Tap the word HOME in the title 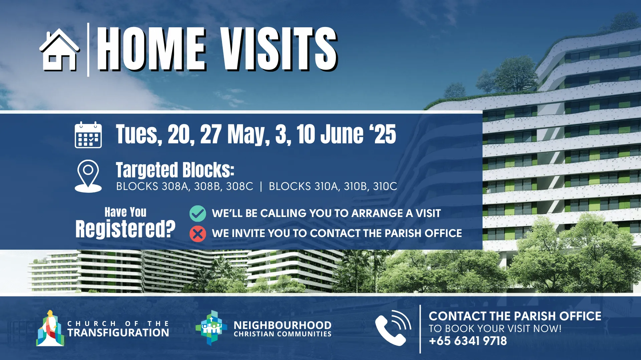point(152,49)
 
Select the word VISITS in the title point(279,49)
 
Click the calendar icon point(88,135)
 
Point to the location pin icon point(88,176)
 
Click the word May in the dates point(248,134)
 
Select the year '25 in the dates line point(383,134)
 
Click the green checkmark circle point(198,213)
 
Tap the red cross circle point(198,234)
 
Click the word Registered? point(126,229)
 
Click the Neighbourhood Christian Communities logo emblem point(211,328)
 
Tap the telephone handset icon point(393,328)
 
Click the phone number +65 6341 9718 point(468,341)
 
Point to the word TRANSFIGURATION point(118,333)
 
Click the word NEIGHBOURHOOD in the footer point(282,325)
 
